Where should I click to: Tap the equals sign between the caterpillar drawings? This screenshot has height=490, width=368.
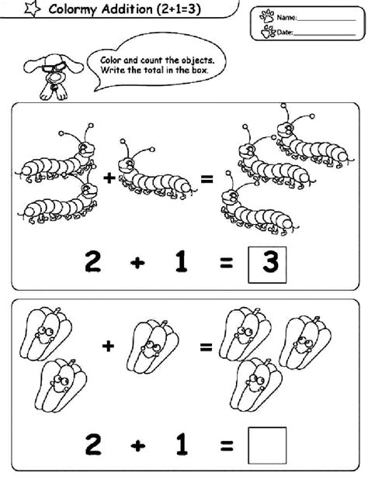(207, 179)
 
